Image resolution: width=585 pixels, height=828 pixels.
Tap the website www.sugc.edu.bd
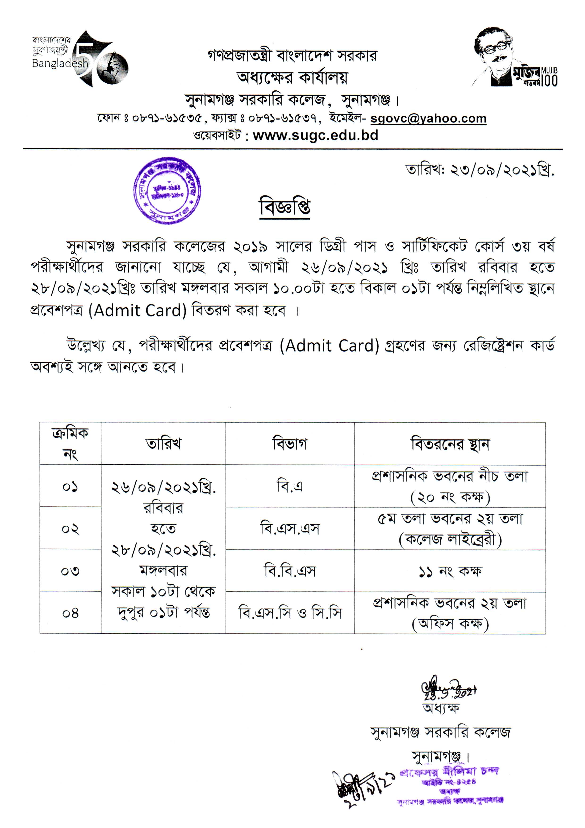click(315, 135)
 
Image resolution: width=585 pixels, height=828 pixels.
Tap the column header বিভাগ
click(290, 444)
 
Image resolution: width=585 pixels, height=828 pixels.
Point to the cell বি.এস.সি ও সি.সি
click(290, 613)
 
